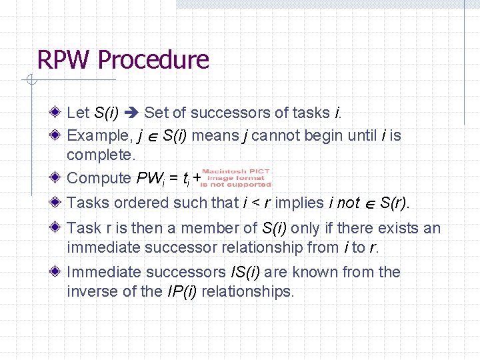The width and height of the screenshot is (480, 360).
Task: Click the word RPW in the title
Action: tap(63, 60)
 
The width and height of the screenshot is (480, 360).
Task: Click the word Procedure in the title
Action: tap(153, 60)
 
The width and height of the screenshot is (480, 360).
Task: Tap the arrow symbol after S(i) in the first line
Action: tap(132, 113)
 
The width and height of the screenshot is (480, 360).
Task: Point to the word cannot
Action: tap(276, 136)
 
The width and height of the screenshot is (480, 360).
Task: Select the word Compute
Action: tap(99, 178)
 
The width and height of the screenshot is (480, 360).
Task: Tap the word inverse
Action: tap(91, 291)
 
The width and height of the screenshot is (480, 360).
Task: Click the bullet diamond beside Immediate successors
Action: tap(59, 271)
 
